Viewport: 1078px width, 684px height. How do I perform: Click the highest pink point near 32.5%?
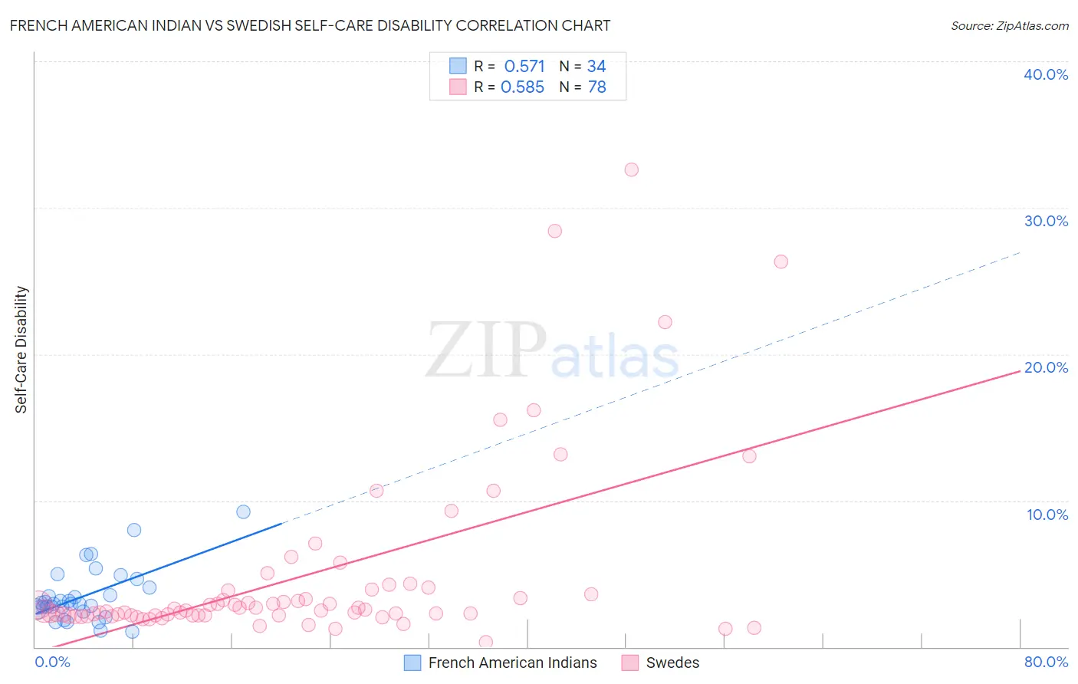tap(631, 169)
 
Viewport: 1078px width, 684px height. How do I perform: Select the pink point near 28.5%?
tap(555, 231)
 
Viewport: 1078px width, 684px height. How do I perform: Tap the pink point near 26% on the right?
tap(781, 261)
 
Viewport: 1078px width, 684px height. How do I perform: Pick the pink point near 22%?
tap(665, 322)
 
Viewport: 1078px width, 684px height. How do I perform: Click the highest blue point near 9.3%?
tap(243, 511)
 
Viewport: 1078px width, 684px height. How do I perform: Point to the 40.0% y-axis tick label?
tap(1046, 74)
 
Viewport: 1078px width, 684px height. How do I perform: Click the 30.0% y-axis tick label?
tap(1046, 221)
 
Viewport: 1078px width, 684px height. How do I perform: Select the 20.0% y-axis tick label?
tap(1046, 367)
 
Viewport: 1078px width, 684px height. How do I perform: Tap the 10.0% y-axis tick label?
tap(1047, 515)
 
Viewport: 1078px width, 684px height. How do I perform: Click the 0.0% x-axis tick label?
tap(52, 662)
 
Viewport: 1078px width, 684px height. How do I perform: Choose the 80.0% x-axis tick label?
tap(1046, 662)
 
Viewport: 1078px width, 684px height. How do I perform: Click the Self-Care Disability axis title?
tap(21, 350)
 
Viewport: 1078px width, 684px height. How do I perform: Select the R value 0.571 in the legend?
tap(524, 67)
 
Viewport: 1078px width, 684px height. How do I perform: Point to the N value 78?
tap(597, 87)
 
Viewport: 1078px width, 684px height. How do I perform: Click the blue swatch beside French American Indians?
tap(412, 663)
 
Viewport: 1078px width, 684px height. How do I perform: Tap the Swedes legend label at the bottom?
tap(672, 663)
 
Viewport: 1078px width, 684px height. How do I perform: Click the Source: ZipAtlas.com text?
tap(1009, 26)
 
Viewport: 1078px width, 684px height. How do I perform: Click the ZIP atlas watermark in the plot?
tap(552, 351)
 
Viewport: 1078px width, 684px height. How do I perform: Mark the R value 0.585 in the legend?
tap(522, 87)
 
